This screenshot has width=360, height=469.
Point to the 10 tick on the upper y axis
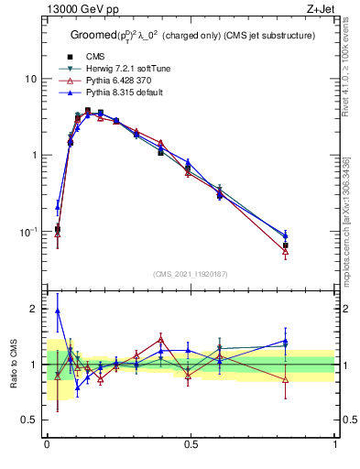30,79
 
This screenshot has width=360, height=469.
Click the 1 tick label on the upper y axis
33,155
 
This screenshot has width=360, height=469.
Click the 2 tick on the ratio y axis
33,309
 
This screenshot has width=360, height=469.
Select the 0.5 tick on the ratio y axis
29,420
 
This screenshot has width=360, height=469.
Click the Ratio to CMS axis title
14,365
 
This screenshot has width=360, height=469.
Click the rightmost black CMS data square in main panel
286,245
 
